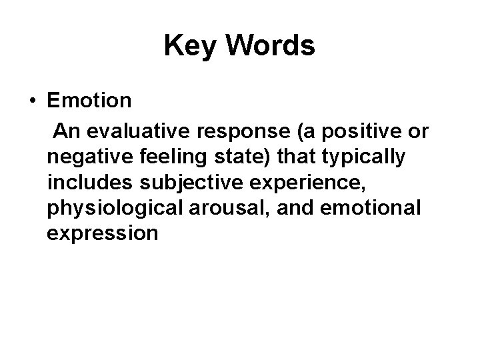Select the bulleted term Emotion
pyautogui.click(x=89, y=102)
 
